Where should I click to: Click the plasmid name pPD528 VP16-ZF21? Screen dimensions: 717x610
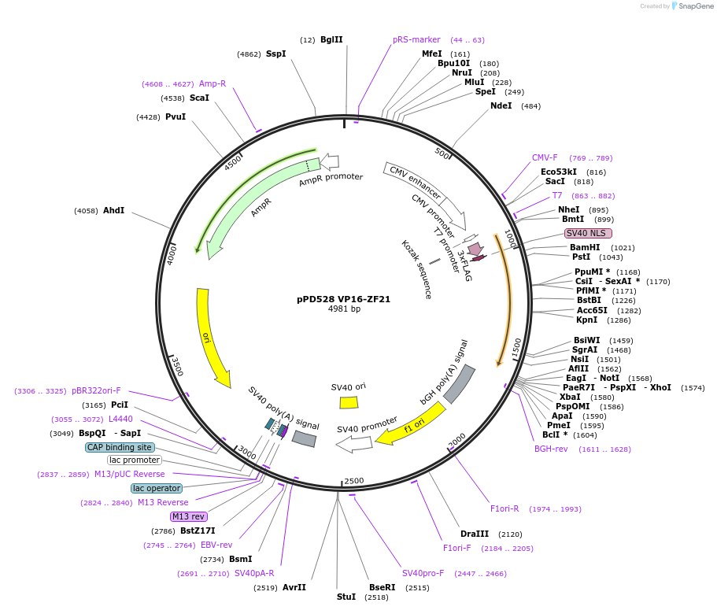pyautogui.click(x=344, y=299)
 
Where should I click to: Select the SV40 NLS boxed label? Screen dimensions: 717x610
pyautogui.click(x=588, y=233)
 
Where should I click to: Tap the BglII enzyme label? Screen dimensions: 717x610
pyautogui.click(x=331, y=39)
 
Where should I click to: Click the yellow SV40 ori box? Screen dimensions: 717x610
pyautogui.click(x=349, y=402)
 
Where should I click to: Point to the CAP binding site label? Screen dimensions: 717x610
pyautogui.click(x=119, y=447)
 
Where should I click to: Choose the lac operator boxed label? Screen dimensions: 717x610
pyautogui.click(x=157, y=488)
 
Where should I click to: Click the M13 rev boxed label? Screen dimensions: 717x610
pyautogui.click(x=188, y=516)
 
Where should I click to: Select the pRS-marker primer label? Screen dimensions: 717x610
pyautogui.click(x=416, y=39)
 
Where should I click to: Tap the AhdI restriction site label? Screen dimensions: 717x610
pyautogui.click(x=114, y=210)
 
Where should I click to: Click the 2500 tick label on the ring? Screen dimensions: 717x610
pyautogui.click(x=354, y=481)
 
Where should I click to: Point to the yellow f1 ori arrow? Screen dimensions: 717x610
pyautogui.click(x=411, y=424)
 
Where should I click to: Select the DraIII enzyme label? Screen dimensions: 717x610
pyautogui.click(x=475, y=534)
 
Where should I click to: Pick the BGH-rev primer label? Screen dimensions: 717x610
pyautogui.click(x=551, y=449)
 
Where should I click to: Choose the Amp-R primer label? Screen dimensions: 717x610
pyautogui.click(x=213, y=83)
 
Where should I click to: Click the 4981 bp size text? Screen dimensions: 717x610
pyautogui.click(x=344, y=309)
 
